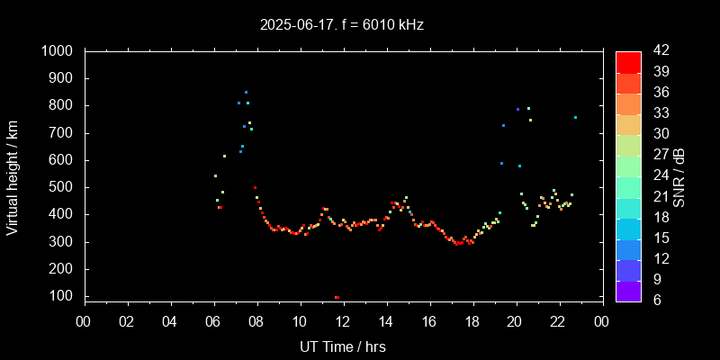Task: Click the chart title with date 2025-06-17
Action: (341, 24)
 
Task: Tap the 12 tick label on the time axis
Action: (342, 320)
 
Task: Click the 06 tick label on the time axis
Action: (213, 320)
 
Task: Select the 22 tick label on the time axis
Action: (558, 320)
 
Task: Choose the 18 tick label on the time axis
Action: (472, 320)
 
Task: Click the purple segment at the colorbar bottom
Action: (628, 291)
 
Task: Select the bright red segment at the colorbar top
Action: (628, 61)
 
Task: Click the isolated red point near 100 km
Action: (337, 297)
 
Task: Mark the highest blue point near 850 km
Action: (246, 92)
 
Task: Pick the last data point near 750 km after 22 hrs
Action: (575, 117)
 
